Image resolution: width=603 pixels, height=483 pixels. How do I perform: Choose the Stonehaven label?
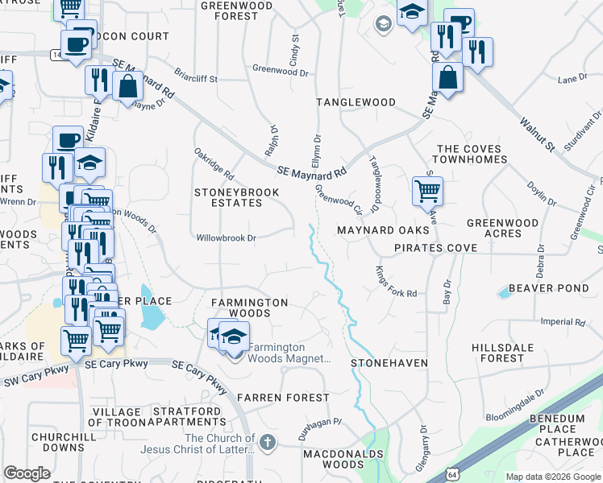[x=389, y=363]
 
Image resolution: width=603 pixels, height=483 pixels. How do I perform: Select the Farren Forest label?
[x=283, y=398]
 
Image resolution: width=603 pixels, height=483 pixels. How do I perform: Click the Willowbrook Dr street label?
[x=226, y=237]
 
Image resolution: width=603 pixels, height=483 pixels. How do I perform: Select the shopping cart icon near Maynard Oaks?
[x=426, y=191]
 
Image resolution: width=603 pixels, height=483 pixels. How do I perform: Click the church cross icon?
[x=268, y=442]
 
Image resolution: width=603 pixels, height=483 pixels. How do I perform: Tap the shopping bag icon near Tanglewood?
[x=447, y=77]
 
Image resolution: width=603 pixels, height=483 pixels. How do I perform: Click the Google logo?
[x=27, y=473]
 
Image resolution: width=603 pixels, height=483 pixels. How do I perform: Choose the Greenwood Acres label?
[x=502, y=228]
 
